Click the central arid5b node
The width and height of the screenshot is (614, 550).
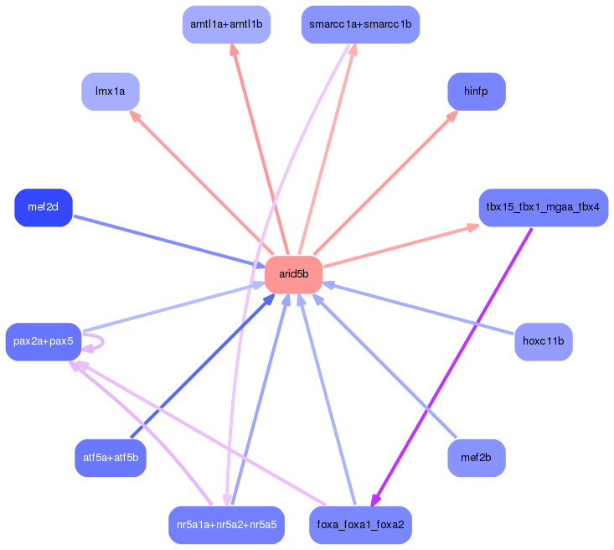[x=293, y=274]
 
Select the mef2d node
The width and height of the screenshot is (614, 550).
[x=44, y=207]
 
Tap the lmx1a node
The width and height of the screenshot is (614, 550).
[x=110, y=91]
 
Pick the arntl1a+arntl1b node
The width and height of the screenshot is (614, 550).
[x=226, y=24]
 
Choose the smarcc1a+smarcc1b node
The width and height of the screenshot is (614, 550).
[x=360, y=24]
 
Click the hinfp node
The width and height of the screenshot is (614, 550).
[x=476, y=91]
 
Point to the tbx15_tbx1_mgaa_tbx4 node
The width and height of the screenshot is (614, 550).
[x=543, y=207]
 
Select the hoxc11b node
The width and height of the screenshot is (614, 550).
[x=543, y=341]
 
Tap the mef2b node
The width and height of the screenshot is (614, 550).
[x=476, y=458]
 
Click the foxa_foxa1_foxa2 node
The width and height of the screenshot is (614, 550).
[x=360, y=525]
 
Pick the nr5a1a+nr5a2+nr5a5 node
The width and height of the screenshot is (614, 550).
[x=226, y=525]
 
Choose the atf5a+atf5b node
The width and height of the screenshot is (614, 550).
[x=110, y=458]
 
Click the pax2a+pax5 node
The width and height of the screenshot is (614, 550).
[x=44, y=341]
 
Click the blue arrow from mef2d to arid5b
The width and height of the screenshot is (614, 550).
[x=163, y=241]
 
